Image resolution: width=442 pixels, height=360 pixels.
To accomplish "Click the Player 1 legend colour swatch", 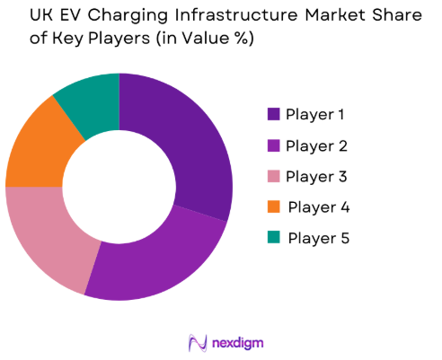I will click(273, 114).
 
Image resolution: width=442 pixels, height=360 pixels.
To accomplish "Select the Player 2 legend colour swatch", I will click(273, 145).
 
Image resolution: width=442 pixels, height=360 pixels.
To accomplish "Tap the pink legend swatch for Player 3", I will click(273, 176).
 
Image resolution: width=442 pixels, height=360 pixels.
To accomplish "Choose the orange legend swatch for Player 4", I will click(273, 207).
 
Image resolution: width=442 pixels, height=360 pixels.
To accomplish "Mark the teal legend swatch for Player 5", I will click(273, 238).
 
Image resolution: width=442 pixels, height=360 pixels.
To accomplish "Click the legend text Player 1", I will click(315, 114).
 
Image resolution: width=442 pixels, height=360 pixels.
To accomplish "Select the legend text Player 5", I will click(316, 238).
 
